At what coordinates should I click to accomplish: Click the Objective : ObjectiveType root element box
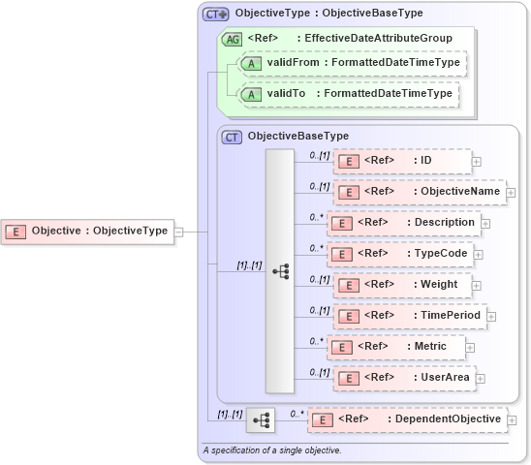[x=87, y=231]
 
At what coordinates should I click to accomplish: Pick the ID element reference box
[x=401, y=161]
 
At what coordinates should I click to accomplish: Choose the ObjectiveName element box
[x=419, y=192]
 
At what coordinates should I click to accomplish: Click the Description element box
[x=403, y=223]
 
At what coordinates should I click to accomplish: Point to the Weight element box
[x=401, y=285]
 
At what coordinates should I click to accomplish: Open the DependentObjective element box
[x=407, y=419]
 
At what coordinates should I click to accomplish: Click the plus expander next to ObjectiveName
[x=511, y=193]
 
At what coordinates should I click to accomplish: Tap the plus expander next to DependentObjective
[x=513, y=420]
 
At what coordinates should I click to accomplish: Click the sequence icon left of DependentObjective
[x=260, y=420]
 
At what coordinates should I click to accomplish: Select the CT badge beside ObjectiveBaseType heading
[x=232, y=137]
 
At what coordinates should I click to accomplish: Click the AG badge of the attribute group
[x=232, y=39]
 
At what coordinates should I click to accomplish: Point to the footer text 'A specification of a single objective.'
[x=272, y=450]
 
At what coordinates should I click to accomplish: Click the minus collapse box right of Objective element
[x=177, y=232]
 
